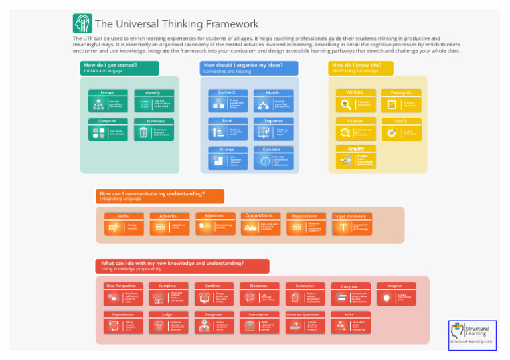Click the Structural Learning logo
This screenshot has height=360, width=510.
pos(472,335)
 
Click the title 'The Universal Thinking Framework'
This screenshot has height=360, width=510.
pos(177,24)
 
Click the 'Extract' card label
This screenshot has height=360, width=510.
pos(108,93)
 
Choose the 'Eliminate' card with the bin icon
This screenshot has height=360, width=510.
pos(153,130)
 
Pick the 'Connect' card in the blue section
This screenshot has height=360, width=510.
pos(227,102)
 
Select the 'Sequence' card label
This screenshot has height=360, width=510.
pos(273,121)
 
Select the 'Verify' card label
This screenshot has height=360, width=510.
pos(401,121)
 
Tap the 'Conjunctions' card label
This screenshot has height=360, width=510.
pos(259,216)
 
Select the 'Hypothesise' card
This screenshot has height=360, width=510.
pos(123,323)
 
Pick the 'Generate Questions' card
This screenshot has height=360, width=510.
pos(303,323)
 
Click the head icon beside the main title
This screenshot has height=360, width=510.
pos(82,24)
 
